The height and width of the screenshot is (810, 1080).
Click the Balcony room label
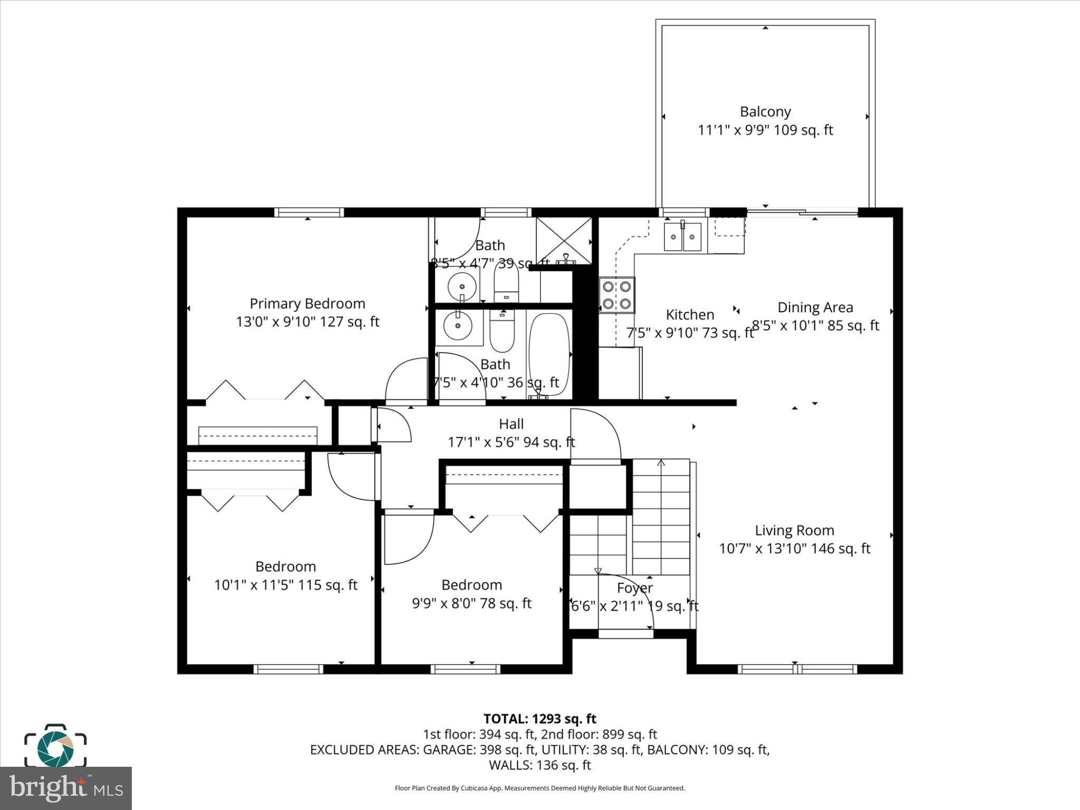[765, 112]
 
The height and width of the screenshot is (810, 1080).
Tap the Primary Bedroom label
[307, 304]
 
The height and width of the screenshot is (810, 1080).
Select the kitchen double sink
[682, 237]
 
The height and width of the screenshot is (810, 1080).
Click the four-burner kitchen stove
[616, 295]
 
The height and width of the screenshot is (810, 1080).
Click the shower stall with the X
[564, 240]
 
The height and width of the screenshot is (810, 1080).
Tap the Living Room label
[794, 531]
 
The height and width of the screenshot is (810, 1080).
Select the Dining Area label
[815, 307]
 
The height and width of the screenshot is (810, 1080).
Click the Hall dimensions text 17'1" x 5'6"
[511, 442]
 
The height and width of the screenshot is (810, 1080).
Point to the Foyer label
[635, 588]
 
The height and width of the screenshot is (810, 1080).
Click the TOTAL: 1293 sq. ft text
[539, 719]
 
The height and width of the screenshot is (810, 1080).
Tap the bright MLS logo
[66, 788]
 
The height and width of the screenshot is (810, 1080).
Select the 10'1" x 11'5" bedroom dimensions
[285, 585]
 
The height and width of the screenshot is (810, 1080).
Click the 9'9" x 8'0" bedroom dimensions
[471, 603]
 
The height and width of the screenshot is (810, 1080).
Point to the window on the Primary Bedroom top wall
[309, 213]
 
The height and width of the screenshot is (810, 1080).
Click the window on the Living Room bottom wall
[796, 669]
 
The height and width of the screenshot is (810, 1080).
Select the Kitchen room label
[690, 315]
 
